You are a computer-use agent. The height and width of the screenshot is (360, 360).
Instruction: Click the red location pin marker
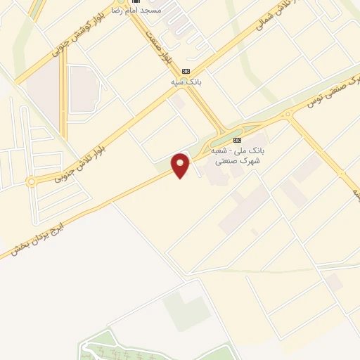tap(181, 165)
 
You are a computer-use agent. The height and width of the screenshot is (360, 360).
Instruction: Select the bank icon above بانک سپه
tap(186, 71)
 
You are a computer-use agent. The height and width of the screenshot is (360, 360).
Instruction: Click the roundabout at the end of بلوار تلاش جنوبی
tap(31, 182)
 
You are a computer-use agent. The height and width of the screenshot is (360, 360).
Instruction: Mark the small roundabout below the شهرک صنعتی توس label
tap(287, 114)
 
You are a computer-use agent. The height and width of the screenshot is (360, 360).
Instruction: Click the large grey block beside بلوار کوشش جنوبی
tap(85, 89)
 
